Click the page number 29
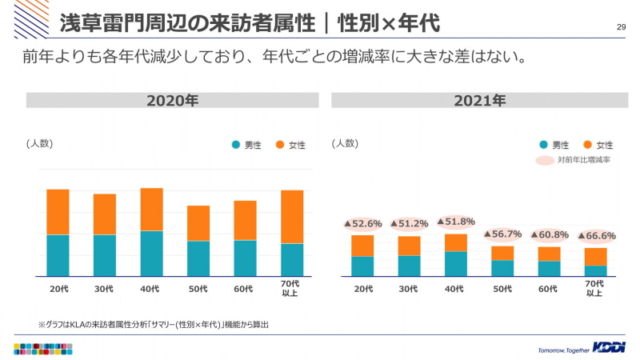(621, 27)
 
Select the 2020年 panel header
(173, 101)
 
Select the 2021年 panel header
(479, 101)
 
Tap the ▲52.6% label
(363, 224)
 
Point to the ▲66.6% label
(596, 236)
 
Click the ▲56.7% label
(502, 234)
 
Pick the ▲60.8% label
(550, 235)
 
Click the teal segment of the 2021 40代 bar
(456, 263)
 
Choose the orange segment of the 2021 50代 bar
(502, 253)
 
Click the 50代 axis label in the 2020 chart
(198, 289)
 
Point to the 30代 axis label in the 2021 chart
(409, 289)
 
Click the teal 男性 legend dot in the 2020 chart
(236, 145)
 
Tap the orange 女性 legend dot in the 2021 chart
(587, 145)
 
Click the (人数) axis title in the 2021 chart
(345, 143)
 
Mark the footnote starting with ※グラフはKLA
(154, 325)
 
